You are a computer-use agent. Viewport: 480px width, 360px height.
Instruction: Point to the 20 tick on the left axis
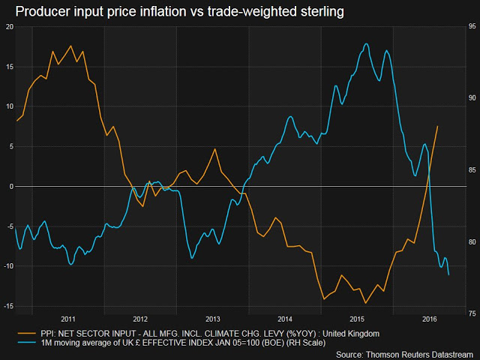tap(10, 26)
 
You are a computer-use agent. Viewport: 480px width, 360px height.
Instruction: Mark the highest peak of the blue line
tap(366, 44)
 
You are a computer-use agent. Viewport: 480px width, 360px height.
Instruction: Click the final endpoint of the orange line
tap(437, 126)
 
